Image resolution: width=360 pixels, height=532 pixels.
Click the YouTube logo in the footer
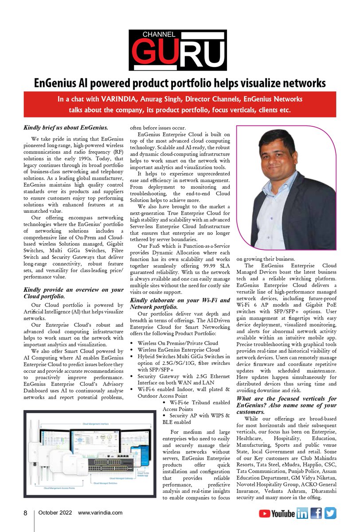[x=277, y=514]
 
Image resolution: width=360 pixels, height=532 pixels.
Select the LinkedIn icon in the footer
[x=302, y=514]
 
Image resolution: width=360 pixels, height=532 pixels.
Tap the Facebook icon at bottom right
[x=316, y=513]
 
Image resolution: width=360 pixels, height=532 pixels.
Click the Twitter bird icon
[x=330, y=513]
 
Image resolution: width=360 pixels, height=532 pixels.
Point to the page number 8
[x=26, y=513]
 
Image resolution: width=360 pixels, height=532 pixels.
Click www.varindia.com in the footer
[x=100, y=513]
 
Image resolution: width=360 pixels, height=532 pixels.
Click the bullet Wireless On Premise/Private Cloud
[x=177, y=343]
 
